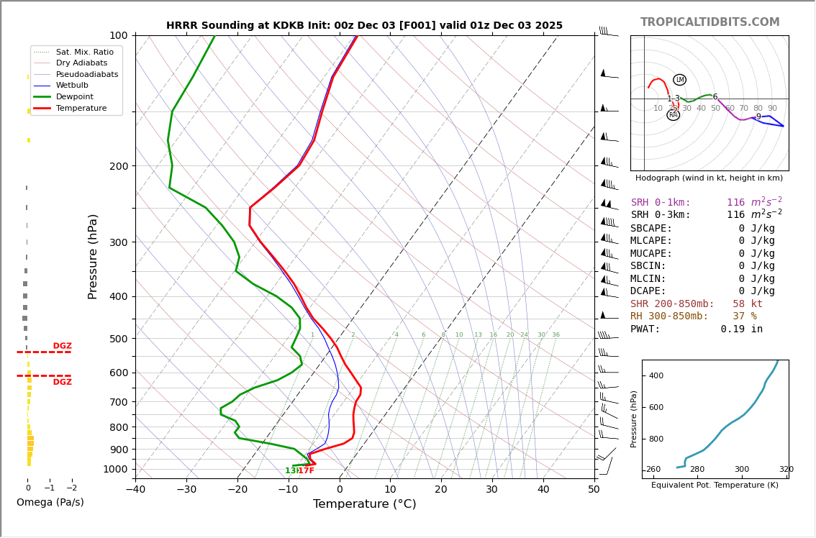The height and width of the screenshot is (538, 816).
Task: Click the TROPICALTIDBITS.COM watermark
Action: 710,22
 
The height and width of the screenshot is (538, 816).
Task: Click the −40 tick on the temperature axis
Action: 135,490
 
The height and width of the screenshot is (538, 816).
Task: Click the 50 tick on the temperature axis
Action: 594,490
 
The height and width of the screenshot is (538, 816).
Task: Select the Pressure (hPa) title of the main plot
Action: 93,256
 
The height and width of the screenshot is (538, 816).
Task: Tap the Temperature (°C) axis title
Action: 364,504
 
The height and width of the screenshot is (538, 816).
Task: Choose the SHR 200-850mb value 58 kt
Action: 748,304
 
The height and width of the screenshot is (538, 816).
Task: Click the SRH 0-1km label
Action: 661,203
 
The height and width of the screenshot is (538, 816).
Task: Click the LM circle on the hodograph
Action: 679,80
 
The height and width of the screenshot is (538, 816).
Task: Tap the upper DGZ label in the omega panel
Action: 62,346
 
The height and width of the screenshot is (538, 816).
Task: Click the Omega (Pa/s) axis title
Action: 50,502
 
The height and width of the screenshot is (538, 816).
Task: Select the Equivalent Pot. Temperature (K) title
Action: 715,485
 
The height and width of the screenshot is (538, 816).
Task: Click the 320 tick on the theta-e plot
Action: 786,470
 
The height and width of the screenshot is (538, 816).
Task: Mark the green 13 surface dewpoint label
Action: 291,471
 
